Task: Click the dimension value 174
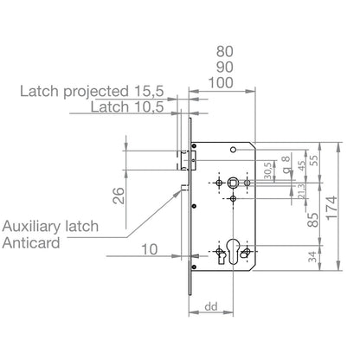[x=331, y=208]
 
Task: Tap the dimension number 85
[x=312, y=220]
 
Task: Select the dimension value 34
[x=312, y=257]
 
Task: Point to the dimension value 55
[x=314, y=160]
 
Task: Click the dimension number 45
[x=301, y=165]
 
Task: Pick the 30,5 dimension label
[x=267, y=170]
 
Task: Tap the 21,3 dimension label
[x=301, y=191]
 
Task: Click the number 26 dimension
[x=119, y=196]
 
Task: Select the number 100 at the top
[x=221, y=83]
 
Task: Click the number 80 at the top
[x=225, y=52]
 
